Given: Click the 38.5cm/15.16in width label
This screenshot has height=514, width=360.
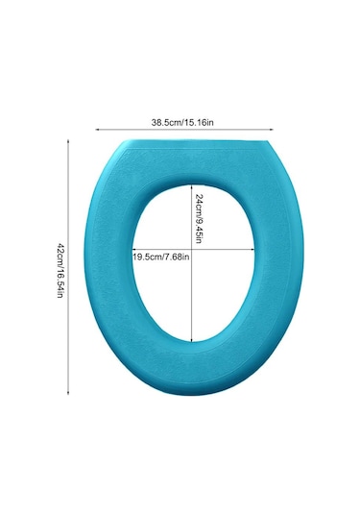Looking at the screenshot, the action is (x=182, y=123).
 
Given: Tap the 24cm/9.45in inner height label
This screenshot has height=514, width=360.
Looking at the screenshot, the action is (x=199, y=219).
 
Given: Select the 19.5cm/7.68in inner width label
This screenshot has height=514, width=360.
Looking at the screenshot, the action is (x=161, y=257).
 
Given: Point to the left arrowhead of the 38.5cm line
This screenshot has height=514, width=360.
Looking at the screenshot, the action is (x=97, y=130).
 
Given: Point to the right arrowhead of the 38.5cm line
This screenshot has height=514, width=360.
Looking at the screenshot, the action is (x=272, y=130).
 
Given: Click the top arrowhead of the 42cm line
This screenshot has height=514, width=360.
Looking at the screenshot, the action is (x=68, y=141).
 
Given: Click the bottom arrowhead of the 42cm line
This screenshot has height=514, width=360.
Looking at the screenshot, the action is (x=68, y=392).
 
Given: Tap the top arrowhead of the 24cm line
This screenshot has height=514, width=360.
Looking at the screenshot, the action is (x=191, y=186).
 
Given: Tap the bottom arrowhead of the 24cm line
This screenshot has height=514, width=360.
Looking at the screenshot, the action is (x=191, y=339).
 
